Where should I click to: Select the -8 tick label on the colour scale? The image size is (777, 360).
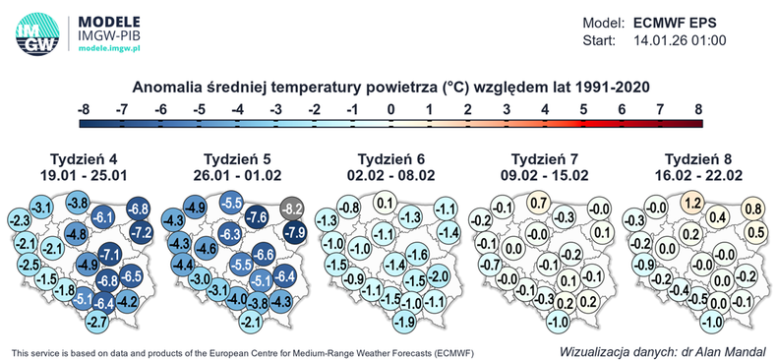[x=84, y=107]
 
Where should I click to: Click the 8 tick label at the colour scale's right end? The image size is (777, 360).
[x=698, y=107]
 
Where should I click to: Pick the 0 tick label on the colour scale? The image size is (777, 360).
[x=390, y=107]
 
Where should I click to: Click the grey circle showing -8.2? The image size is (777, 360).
[x=293, y=209]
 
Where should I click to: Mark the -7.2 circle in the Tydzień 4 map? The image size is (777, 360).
[x=142, y=233]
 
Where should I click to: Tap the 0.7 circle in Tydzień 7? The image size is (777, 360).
[x=538, y=204]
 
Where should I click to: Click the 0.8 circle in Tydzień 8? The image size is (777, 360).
[x=754, y=209]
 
